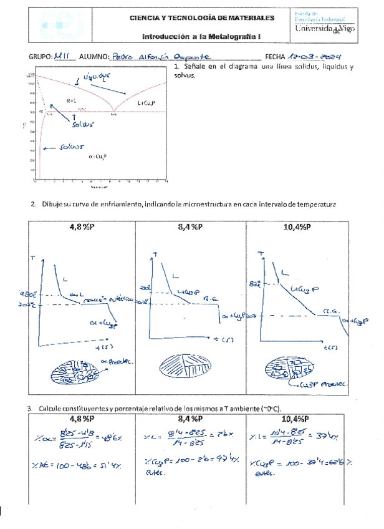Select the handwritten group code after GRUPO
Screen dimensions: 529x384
64,56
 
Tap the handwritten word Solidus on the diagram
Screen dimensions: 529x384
81,124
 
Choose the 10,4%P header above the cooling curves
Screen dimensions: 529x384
297,228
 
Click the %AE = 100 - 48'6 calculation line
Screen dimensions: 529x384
78,465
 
